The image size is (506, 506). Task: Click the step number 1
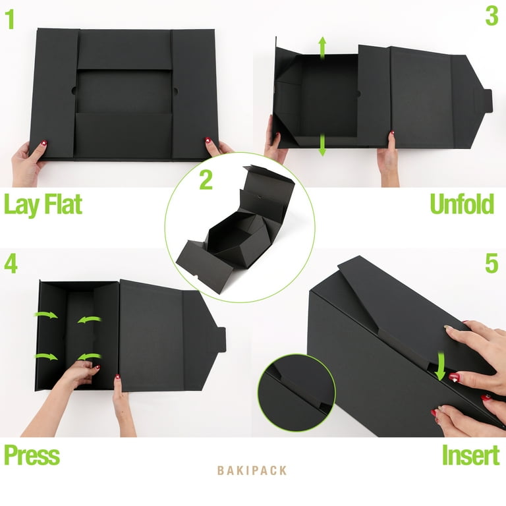pos(11,19)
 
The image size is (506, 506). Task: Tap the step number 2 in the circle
pos(206,180)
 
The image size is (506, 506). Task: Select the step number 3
pos(492,16)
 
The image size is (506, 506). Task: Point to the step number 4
pos(11,264)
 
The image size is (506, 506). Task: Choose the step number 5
pos(492,264)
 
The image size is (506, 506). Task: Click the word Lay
pos(21,206)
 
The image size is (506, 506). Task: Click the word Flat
pos(63,204)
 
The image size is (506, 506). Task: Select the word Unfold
pos(462,204)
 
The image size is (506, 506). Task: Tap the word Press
pos(32,455)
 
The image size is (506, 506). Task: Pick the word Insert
pos(470,455)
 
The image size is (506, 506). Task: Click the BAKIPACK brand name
pos(252,470)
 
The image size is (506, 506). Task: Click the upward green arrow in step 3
pos(322,48)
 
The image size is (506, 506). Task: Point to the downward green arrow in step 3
pos(322,146)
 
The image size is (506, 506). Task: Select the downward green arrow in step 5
pos(441,366)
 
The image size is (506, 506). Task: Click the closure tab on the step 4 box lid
pos(221,339)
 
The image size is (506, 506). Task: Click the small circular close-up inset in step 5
pos(296,393)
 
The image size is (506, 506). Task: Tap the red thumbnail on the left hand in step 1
pos(44,143)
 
